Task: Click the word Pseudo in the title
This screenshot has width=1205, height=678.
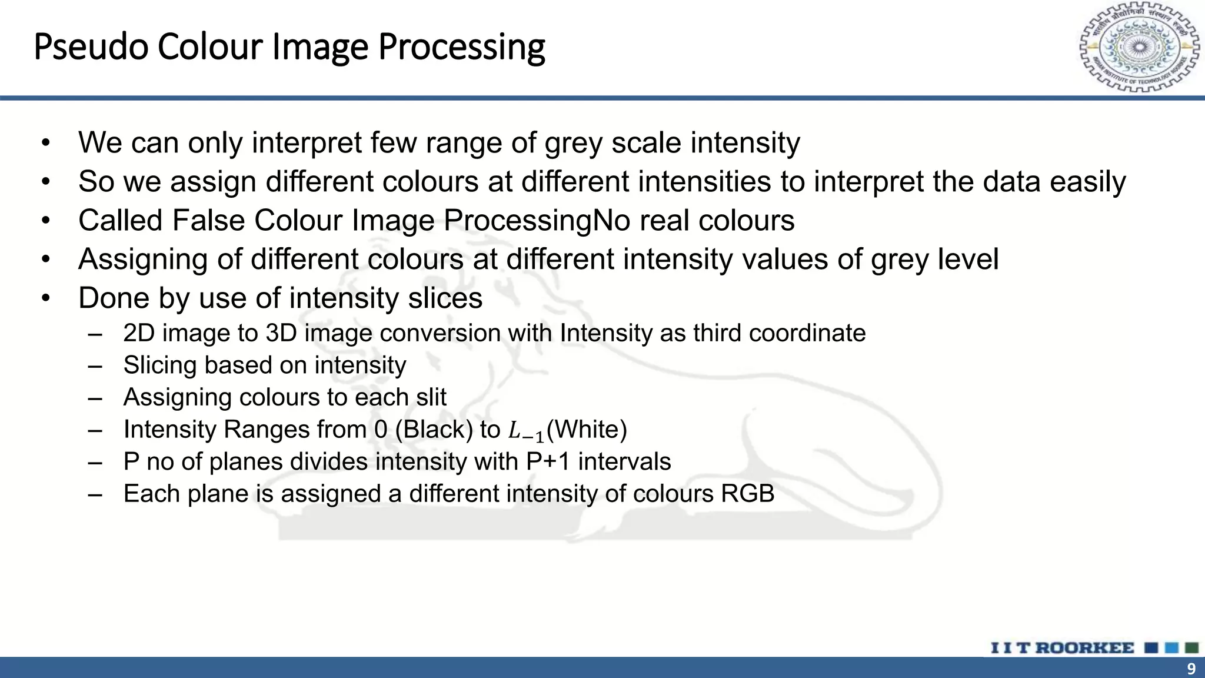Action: [91, 47]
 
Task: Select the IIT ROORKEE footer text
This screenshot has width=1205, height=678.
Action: [1062, 648]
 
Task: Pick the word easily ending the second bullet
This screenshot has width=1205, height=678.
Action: [1088, 182]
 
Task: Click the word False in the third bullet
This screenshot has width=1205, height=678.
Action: [208, 221]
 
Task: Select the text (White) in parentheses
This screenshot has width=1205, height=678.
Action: [587, 430]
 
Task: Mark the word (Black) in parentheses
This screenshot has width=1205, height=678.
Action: [434, 430]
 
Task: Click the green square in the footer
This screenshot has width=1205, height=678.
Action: [1192, 648]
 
